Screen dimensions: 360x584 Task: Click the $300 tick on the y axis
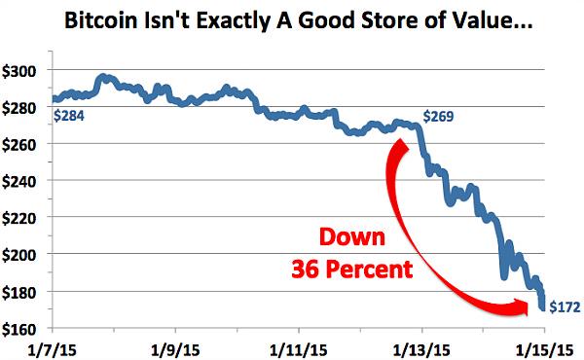coord(21,71)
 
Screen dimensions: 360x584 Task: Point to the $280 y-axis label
coord(21,108)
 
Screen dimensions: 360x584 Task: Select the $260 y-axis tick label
coord(21,144)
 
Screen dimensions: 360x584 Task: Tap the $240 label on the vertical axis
coord(21,181)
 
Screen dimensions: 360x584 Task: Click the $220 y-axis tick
coord(21,218)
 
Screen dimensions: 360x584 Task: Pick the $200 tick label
coord(21,254)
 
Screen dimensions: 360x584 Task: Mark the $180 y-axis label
coord(21,291)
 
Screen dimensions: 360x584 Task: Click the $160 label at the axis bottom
coord(21,327)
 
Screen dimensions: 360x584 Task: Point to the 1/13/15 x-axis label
coord(420,346)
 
